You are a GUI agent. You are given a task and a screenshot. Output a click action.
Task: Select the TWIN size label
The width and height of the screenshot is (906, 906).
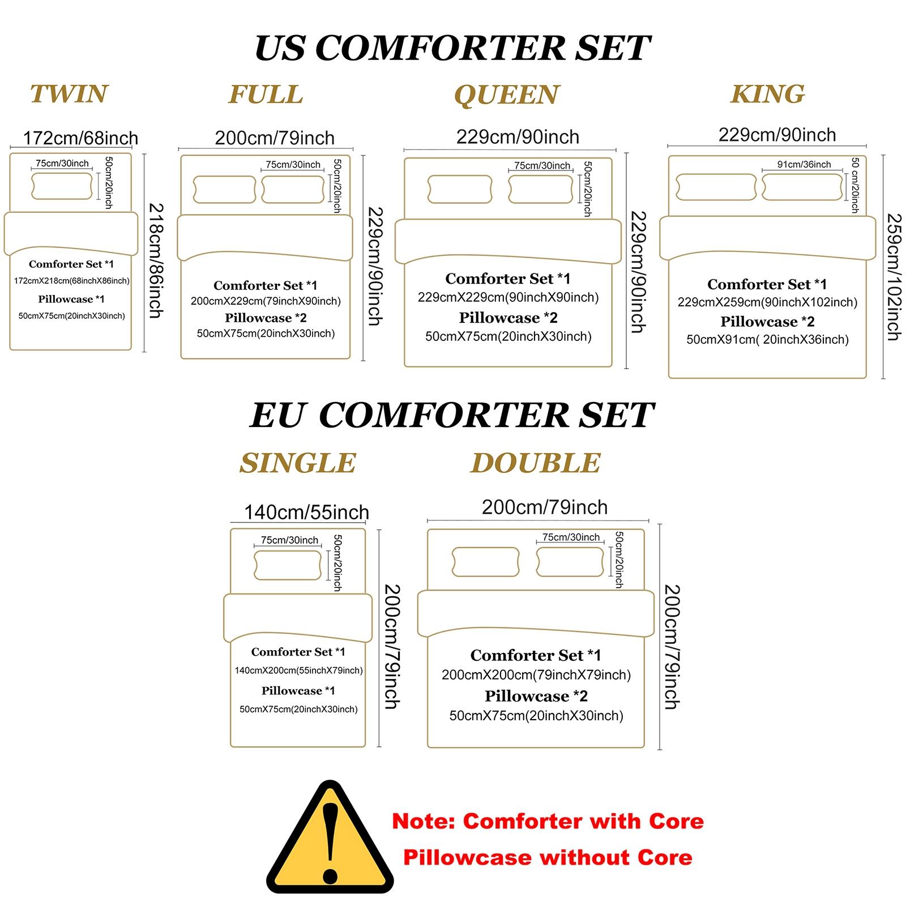coord(69,94)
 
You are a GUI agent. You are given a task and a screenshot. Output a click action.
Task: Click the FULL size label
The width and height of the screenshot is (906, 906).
coord(266,95)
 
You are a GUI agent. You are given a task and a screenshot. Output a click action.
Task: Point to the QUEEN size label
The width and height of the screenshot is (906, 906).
coord(507,95)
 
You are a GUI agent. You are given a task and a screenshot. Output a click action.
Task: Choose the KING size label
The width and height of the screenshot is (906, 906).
coord(768,94)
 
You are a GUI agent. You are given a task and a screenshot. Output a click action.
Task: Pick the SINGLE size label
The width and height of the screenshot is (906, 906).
coord(298,463)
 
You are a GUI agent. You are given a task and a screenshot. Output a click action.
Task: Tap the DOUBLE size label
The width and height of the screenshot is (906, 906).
coord(535,463)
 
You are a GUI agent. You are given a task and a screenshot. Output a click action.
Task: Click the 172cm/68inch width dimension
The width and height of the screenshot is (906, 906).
coord(80,138)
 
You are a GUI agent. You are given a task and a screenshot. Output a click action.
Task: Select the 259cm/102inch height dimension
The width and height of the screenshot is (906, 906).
coord(894,277)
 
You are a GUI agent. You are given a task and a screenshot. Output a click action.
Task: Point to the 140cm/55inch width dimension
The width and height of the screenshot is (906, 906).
coord(306,512)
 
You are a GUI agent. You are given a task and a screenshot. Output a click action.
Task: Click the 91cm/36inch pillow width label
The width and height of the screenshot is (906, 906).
coord(804,164)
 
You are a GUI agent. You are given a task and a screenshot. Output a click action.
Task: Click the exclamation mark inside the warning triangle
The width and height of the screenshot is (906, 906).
coord(330,844)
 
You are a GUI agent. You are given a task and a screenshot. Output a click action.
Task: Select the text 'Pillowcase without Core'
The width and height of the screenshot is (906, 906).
coord(548,858)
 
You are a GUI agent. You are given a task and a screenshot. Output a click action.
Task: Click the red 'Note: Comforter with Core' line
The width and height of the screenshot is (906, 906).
coord(548,821)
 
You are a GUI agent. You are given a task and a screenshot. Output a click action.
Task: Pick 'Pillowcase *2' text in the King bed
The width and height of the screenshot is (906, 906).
coord(767,322)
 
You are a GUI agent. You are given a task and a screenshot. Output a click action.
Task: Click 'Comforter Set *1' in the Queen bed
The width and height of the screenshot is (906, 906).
coord(508,279)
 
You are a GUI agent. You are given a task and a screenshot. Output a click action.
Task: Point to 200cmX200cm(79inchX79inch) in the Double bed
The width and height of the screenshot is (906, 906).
coord(536,675)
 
